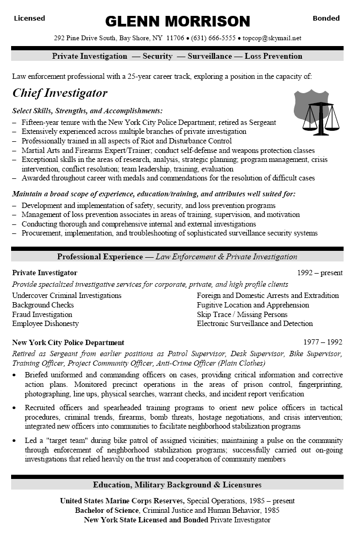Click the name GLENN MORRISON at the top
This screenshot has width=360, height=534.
tap(177, 21)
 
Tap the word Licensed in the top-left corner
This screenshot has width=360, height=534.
tap(30, 18)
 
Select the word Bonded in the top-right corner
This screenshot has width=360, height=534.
tap(326, 18)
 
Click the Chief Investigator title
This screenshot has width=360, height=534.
tap(60, 93)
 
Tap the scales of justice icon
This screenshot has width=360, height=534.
tap(321, 116)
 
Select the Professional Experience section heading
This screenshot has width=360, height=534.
tap(100, 257)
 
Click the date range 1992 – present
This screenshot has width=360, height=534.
tap(320, 273)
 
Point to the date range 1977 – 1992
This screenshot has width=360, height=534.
tap(323, 342)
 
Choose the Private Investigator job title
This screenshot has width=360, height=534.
tap(44, 273)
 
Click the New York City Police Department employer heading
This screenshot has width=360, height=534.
tap(68, 342)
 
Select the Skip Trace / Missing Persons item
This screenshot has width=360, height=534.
tap(242, 314)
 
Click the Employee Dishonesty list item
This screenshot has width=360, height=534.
tap(46, 323)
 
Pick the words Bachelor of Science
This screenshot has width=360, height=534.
tap(107, 510)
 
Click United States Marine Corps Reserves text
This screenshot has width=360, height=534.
tap(122, 501)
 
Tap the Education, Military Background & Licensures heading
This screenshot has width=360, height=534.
tap(177, 485)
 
